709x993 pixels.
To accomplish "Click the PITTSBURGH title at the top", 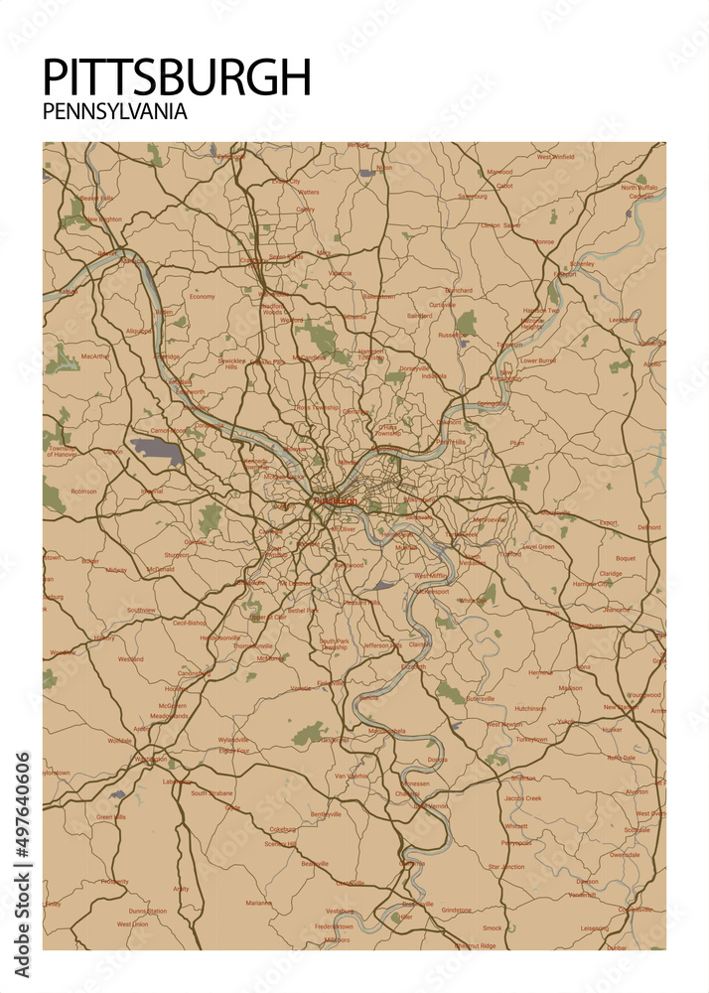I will coord(178,77).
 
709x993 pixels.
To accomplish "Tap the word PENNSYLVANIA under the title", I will coord(115,112).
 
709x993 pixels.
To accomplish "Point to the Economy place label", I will coord(203,297).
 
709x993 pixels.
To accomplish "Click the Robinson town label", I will coord(84,491).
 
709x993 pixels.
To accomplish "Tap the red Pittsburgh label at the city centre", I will coord(335,500).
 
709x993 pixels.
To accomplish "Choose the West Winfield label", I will coord(555,157).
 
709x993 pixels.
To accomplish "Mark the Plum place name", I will coord(516,443).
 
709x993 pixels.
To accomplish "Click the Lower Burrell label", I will coord(538,361).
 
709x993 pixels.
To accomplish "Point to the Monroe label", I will coord(544,241).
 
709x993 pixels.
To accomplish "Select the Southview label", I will coord(141,609).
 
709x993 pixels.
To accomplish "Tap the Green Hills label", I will coord(111,817).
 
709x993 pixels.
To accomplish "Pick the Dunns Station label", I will coord(147,911).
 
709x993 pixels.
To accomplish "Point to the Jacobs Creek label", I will coord(522,798).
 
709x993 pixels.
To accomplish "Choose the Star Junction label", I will coord(506,867).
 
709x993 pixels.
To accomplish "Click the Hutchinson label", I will coord(529,708).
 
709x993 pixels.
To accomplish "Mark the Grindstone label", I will coord(457,910).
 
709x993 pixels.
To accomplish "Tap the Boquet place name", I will coord(625,558).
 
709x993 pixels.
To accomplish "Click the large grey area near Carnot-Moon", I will coord(157,452).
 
